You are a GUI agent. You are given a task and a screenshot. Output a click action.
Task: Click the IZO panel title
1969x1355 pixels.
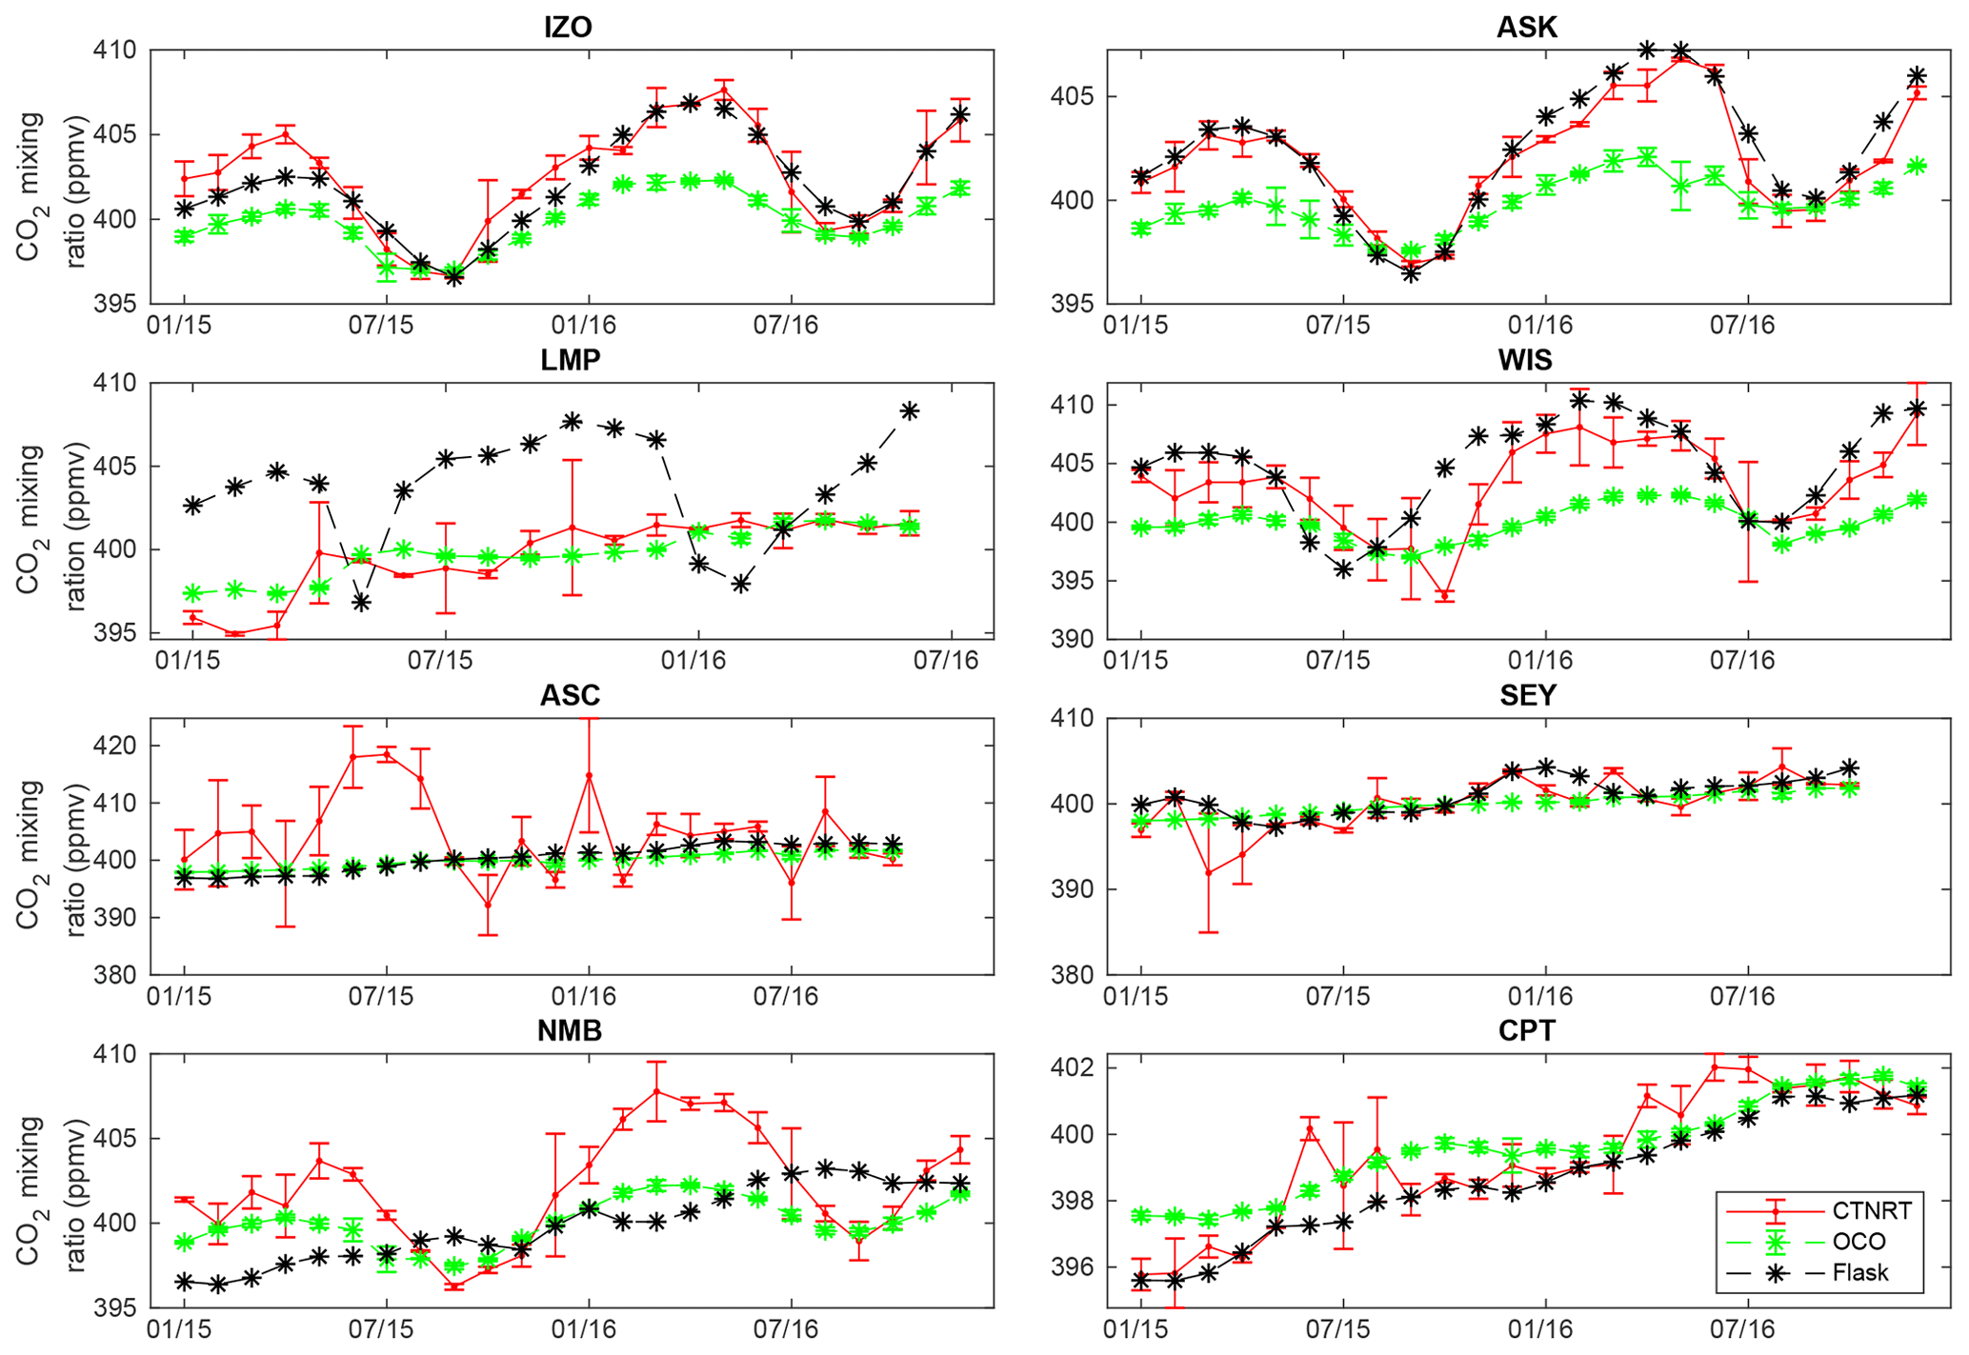568,27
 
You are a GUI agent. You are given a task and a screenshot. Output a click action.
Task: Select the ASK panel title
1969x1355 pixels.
1526,27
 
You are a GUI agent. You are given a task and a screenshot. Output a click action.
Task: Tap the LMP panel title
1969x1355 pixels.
570,360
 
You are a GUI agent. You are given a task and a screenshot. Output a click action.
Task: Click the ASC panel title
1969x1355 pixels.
570,695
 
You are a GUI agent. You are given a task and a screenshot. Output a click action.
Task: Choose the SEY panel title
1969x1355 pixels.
1527,695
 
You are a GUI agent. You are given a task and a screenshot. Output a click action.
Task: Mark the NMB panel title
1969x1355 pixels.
570,1030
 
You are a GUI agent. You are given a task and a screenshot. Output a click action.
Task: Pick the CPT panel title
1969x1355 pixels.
1526,1030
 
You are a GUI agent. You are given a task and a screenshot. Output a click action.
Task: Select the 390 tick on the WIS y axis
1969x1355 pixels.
1075,639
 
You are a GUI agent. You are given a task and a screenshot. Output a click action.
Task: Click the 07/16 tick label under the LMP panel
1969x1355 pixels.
945,660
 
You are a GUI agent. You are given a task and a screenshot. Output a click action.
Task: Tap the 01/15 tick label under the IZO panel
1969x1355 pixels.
179,326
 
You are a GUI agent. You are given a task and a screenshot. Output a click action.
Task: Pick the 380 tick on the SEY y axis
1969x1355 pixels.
1075,975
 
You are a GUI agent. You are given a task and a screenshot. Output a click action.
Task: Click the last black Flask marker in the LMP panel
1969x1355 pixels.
910,410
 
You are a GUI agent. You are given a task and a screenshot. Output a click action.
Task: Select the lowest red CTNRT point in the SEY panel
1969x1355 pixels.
1209,873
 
